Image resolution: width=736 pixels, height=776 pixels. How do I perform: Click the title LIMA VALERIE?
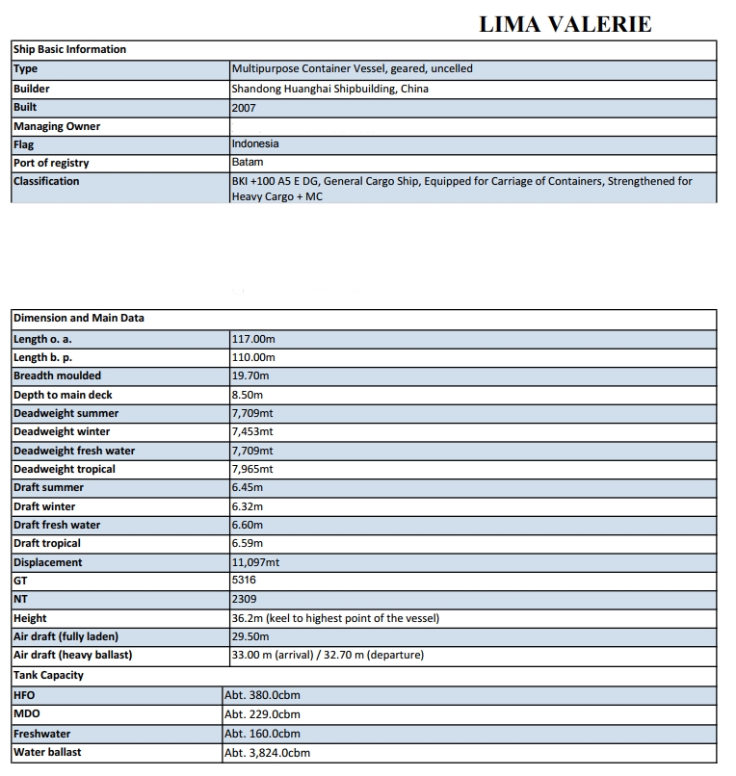[565, 24]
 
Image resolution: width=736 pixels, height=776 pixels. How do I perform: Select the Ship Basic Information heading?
[69, 49]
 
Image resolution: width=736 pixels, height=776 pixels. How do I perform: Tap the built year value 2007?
[246, 108]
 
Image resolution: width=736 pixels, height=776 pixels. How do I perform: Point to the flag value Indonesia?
[255, 143]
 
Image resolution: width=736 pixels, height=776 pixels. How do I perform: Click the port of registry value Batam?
[247, 163]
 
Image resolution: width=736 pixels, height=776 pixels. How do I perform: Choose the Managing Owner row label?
[57, 126]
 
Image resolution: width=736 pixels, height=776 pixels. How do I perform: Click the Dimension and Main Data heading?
[78, 318]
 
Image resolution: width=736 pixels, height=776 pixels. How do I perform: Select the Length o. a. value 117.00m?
[253, 339]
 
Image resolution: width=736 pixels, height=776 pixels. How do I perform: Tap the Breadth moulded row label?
[57, 375]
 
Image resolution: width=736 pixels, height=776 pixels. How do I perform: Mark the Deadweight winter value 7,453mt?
[252, 431]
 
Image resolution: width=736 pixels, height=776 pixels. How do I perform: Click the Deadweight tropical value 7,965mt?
[252, 469]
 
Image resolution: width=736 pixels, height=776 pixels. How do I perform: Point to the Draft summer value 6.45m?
[248, 487]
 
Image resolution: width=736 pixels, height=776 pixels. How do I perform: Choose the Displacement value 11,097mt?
[255, 562]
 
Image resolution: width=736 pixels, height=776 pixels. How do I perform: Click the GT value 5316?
[244, 581]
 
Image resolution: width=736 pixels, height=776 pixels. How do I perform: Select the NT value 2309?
[244, 599]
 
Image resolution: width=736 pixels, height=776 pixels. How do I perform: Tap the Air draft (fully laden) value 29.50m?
[250, 636]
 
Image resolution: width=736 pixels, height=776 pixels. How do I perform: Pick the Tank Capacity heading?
[48, 675]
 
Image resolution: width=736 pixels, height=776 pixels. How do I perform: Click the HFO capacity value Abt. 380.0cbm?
[261, 694]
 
